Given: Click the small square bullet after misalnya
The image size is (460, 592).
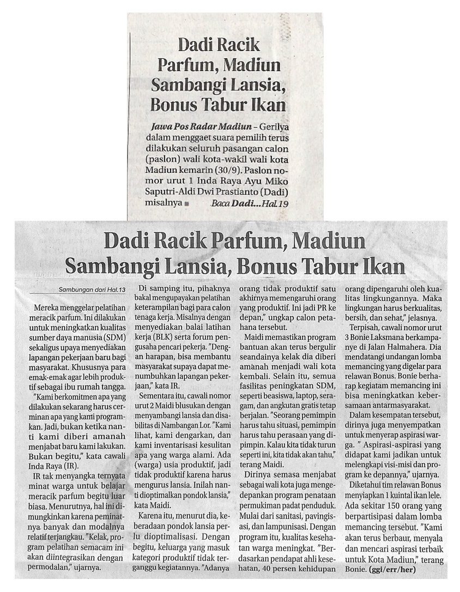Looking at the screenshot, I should [x=186, y=204].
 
